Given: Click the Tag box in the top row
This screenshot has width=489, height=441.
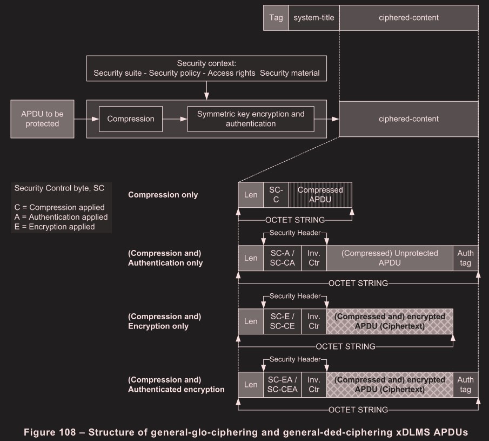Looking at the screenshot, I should click(x=276, y=18).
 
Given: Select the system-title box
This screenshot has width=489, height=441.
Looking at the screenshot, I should click(x=314, y=18).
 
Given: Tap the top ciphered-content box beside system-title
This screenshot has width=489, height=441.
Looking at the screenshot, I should click(x=408, y=18).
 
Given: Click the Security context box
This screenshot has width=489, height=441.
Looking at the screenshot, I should click(x=207, y=68).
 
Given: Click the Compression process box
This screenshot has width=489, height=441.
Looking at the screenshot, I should click(x=131, y=119).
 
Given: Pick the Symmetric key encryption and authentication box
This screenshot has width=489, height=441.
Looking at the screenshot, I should click(x=251, y=119).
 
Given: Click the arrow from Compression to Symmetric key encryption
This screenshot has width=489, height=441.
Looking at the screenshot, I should click(x=175, y=119).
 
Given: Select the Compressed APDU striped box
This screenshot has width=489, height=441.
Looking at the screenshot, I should click(x=320, y=195).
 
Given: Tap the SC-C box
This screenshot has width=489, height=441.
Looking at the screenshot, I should click(x=276, y=195).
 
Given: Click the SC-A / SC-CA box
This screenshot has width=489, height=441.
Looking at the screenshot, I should click(x=282, y=258).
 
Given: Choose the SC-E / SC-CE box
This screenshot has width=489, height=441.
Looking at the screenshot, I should click(x=282, y=321).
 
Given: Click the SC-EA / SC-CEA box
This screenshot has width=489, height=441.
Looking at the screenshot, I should click(x=282, y=384).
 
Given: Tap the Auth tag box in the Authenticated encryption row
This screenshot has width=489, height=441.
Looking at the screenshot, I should click(x=465, y=384).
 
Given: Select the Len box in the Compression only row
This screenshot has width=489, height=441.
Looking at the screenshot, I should click(x=251, y=195).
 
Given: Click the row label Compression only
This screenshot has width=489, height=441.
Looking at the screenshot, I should click(x=163, y=195).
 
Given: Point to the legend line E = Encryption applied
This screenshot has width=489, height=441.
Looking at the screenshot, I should click(x=55, y=227).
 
